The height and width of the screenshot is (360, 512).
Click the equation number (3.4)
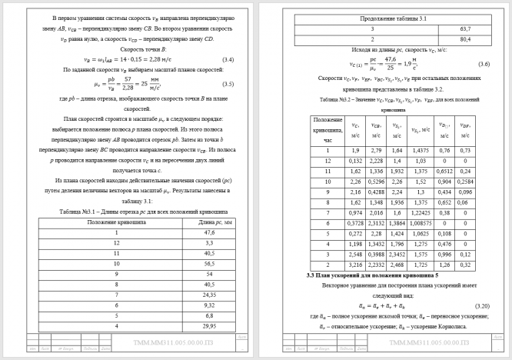coord(228,58)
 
